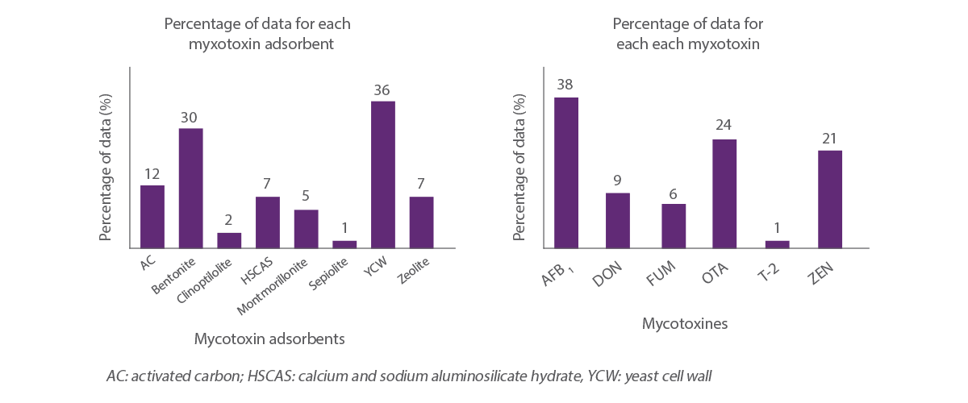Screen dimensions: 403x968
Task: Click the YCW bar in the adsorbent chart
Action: coord(382,174)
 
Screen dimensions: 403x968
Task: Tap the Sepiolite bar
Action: coord(344,243)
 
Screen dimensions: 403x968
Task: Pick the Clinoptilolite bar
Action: coord(229,240)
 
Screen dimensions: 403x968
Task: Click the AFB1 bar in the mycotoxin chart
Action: coord(566,172)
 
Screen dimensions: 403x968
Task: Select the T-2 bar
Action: coord(777,243)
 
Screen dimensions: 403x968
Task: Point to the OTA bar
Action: coord(724,193)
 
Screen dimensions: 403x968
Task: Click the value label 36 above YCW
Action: coord(382,89)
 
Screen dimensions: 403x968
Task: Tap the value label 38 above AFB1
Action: coord(565,84)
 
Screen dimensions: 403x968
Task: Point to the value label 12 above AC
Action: coord(152,173)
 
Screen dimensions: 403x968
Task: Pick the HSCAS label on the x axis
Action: coord(257,272)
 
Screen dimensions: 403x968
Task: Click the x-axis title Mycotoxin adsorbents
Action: coord(269,339)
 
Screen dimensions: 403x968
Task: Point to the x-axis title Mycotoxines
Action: coord(685,324)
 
